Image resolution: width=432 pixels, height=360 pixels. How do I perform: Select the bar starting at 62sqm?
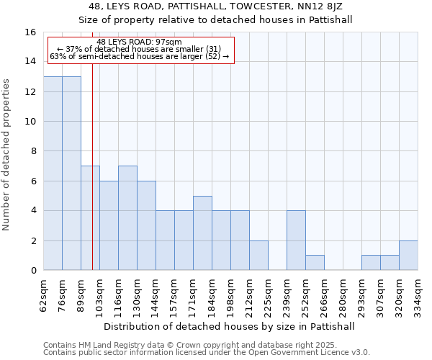(x=53, y=173)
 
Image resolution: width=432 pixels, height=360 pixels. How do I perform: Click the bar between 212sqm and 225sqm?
(x=258, y=256)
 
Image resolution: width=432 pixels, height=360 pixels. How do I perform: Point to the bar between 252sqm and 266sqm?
(x=315, y=263)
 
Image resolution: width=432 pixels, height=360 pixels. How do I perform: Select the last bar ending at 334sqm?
(x=408, y=256)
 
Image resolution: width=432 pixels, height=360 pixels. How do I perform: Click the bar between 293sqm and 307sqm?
(x=371, y=263)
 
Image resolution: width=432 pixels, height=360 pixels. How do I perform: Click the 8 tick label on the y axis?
(x=32, y=151)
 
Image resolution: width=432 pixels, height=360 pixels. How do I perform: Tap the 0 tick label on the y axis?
(x=32, y=271)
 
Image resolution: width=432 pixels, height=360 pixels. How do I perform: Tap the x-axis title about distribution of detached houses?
(x=230, y=326)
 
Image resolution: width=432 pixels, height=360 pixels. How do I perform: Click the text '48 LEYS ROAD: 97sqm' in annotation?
(x=139, y=42)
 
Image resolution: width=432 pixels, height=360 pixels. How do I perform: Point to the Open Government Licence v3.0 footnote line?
(x=207, y=353)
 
